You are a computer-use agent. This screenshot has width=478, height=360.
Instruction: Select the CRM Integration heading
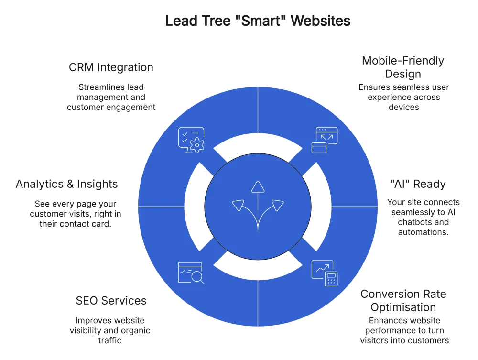111,67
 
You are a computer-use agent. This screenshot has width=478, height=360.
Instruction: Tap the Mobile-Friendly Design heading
403,67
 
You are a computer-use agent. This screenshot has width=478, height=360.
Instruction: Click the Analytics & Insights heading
67,184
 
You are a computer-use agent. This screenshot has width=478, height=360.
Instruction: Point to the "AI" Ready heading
418,184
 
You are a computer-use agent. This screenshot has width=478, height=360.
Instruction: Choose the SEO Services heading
111,301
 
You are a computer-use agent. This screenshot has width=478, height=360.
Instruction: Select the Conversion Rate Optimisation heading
403,301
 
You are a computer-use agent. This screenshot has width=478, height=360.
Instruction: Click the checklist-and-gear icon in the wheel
191,140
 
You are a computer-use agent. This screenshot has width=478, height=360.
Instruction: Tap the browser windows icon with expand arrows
325,140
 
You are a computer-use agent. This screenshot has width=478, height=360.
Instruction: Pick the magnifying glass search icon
191,273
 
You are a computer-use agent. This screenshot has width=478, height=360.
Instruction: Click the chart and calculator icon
325,273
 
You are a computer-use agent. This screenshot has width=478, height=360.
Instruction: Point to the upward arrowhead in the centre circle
258,186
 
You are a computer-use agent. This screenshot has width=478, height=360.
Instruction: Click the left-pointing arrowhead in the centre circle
239,205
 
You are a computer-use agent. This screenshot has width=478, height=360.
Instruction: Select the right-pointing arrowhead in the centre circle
277,205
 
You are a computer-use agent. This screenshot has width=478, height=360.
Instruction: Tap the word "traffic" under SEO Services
110,340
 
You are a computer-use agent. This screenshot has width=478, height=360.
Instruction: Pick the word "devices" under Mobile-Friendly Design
403,107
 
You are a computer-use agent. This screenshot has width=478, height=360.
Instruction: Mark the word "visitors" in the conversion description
374,340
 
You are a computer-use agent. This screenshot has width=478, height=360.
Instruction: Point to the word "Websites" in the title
321,21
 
